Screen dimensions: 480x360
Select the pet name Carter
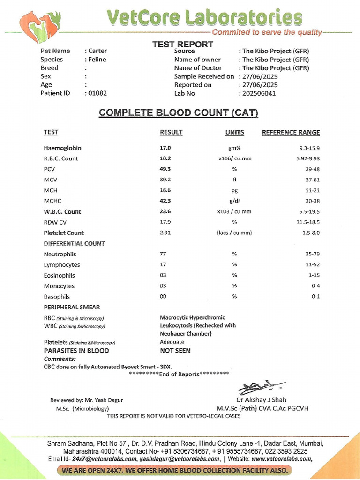97,51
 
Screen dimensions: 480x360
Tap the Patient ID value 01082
97,93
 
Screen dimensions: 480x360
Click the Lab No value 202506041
259,93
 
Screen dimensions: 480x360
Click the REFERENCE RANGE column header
291,133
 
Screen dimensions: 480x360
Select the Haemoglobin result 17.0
165,148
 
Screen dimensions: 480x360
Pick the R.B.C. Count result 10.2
165,158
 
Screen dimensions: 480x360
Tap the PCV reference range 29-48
311,169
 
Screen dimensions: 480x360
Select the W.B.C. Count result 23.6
165,211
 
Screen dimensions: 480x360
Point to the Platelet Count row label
64,232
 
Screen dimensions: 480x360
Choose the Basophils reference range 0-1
315,297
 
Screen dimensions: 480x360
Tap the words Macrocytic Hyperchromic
192,317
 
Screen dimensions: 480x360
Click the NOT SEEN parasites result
175,350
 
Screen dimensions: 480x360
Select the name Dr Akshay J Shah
261,400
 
